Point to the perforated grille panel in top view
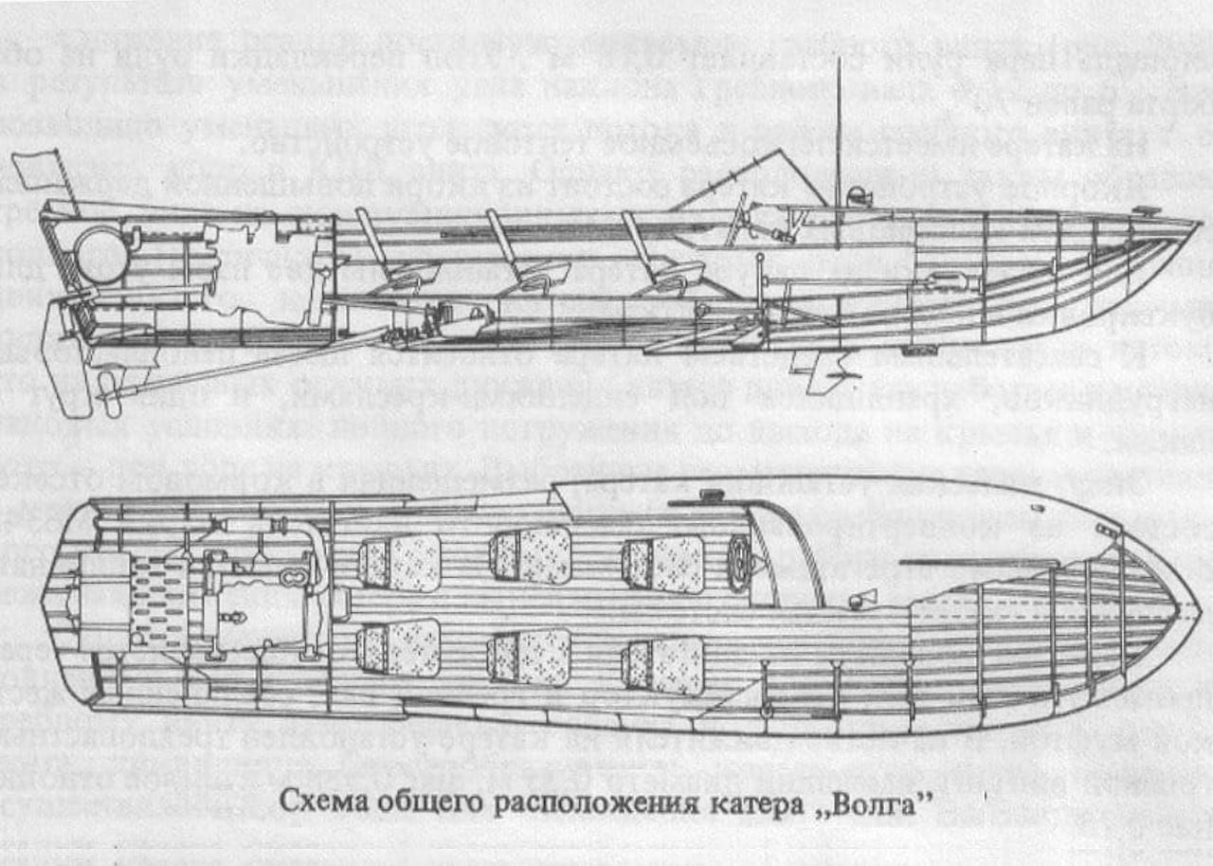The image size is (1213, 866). [158, 604]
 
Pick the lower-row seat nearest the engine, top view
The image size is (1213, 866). [398, 649]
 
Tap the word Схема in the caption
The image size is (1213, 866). [320, 802]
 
